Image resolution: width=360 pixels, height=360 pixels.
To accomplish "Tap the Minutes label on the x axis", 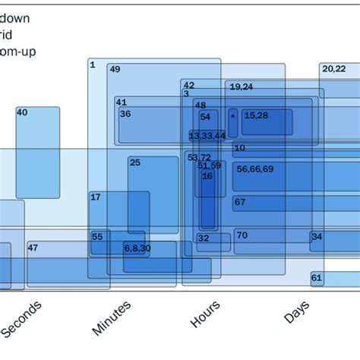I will (x=112, y=317).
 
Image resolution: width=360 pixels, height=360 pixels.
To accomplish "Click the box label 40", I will (x=22, y=112).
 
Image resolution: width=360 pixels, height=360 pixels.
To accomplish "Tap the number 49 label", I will (x=115, y=69).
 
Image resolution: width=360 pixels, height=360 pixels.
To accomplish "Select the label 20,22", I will (x=333, y=69).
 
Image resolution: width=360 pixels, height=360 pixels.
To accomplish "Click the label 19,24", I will (x=242, y=87).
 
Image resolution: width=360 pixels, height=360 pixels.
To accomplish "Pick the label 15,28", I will (x=255, y=115).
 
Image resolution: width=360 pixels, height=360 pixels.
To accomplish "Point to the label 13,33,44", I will (x=207, y=135).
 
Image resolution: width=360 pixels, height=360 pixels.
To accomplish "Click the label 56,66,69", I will (x=255, y=169).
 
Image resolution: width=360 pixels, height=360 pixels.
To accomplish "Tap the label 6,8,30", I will (x=137, y=248).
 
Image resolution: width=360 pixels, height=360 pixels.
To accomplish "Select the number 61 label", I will (x=317, y=278).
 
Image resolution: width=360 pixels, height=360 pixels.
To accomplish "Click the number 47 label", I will (x=33, y=248).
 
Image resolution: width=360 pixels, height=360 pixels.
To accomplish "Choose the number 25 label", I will (x=134, y=162).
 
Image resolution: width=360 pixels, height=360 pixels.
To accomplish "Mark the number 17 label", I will (x=96, y=197).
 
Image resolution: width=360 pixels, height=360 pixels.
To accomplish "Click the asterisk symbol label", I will (x=232, y=115).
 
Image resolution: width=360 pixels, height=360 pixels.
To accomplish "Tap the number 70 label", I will (x=242, y=235).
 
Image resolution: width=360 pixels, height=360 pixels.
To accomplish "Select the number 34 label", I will (x=317, y=236).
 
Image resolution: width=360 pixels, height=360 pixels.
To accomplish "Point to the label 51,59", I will (x=209, y=166).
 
